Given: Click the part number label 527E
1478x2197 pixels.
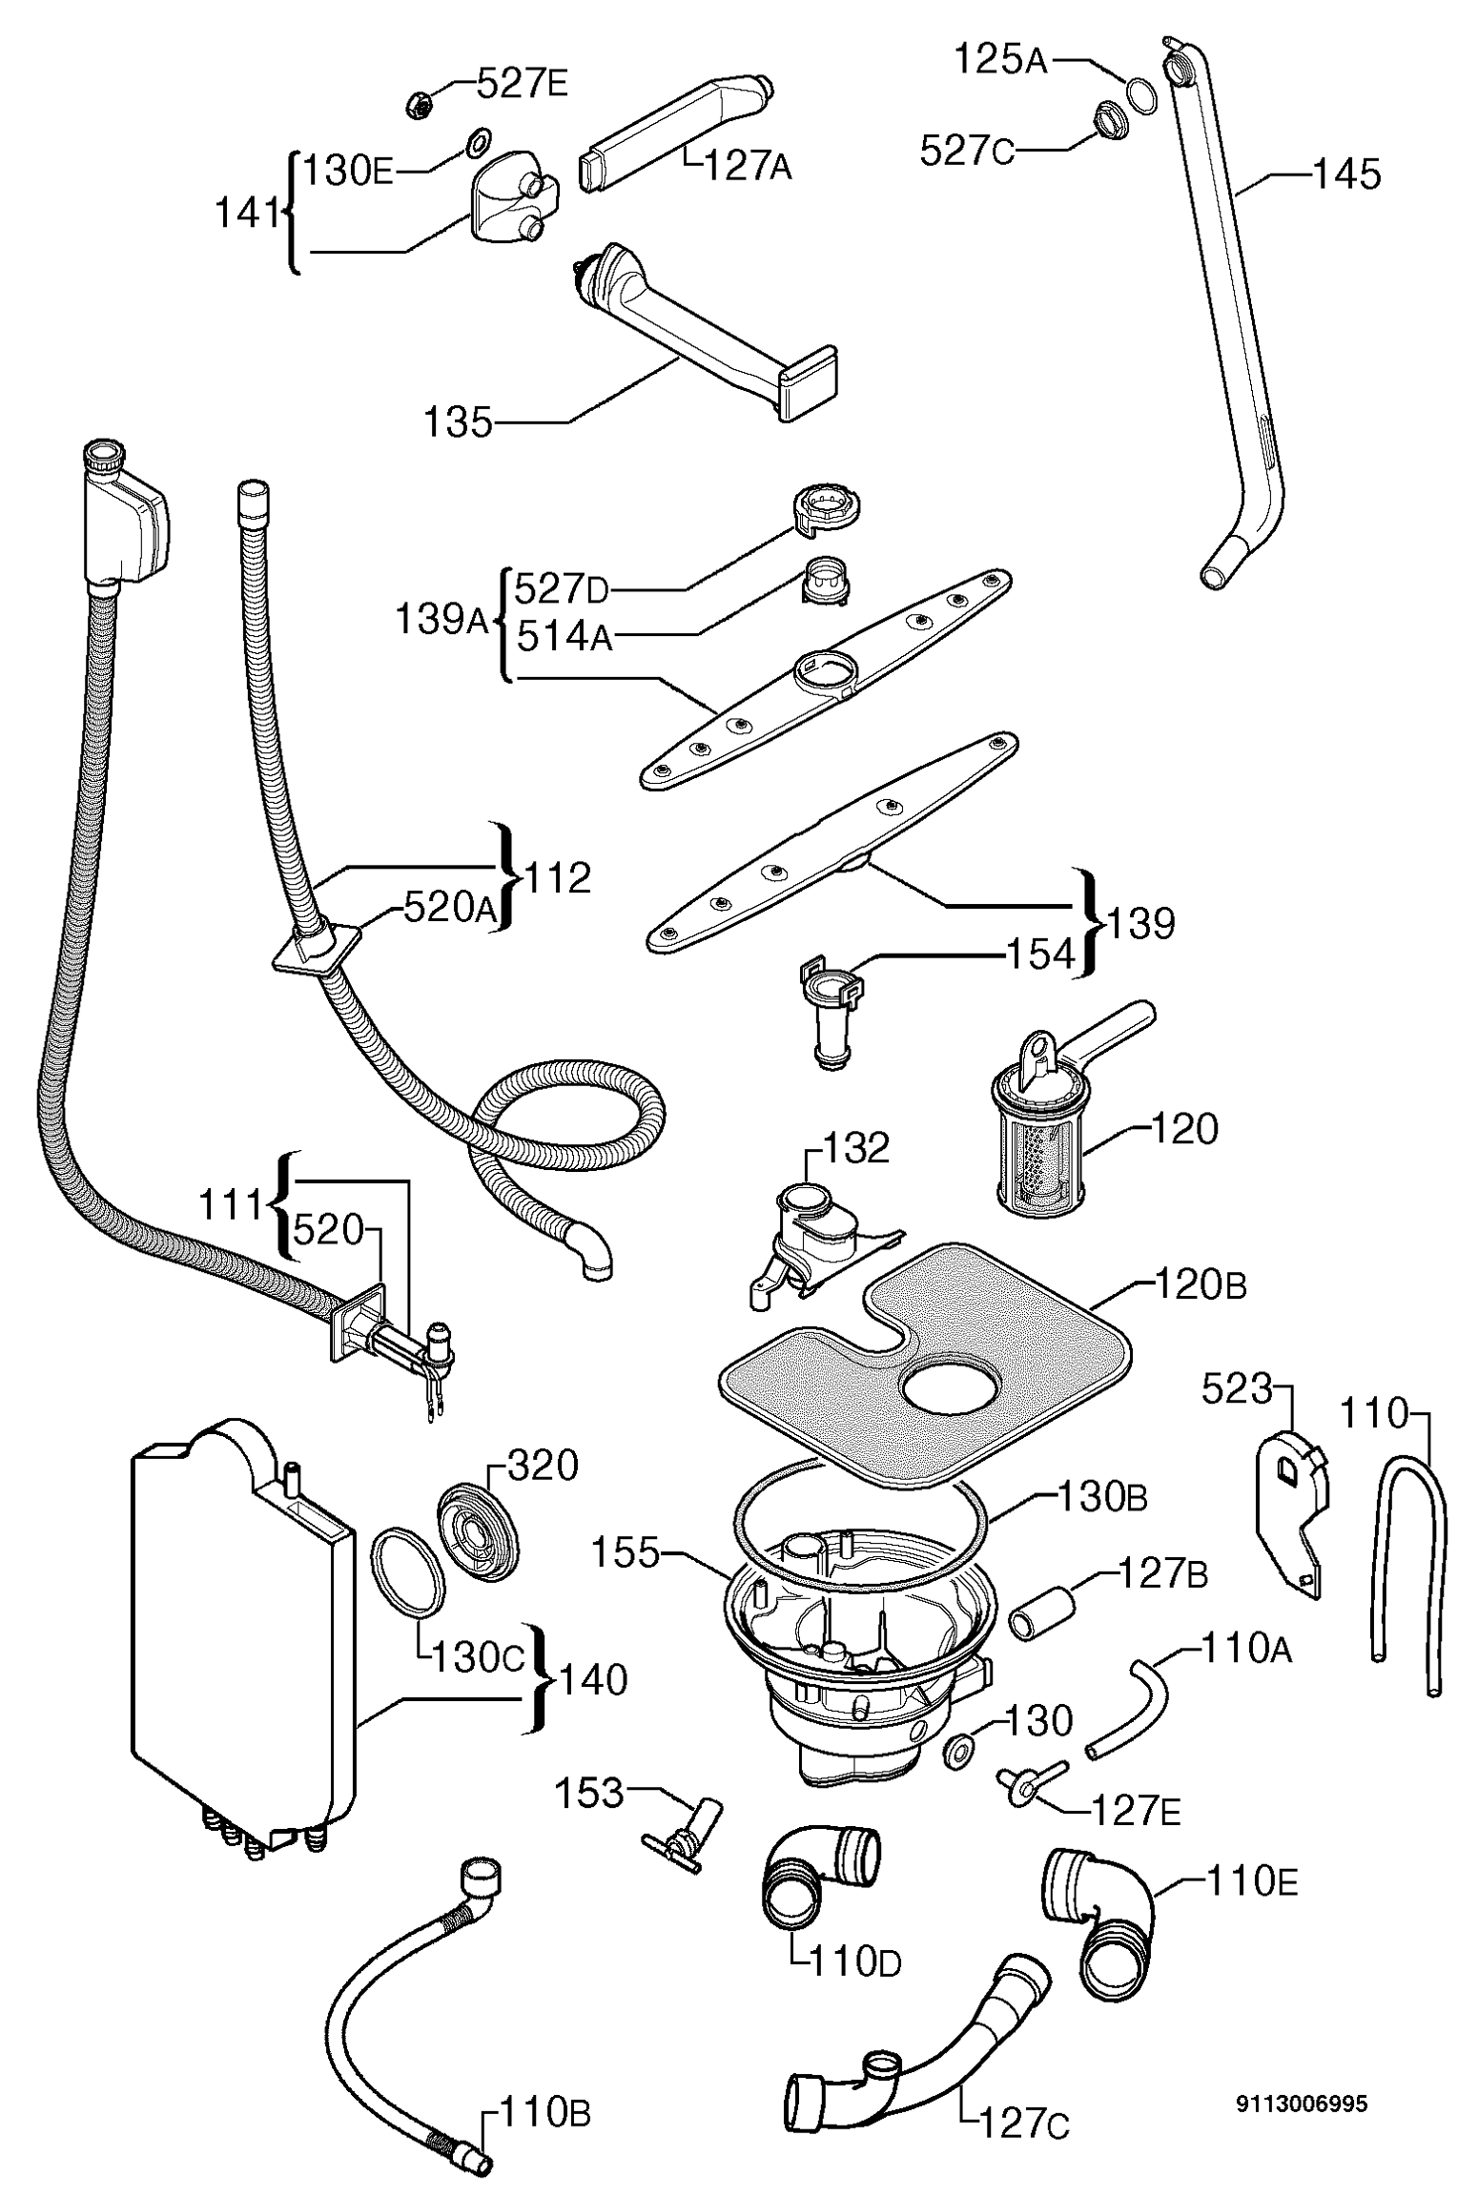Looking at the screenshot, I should [522, 85].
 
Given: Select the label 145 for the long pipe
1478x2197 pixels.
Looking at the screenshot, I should [1346, 175].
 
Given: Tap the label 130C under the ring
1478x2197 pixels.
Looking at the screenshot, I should [478, 1658].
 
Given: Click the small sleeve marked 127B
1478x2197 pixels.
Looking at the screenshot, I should [1041, 1612].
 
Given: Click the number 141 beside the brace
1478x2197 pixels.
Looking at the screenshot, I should [247, 214].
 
